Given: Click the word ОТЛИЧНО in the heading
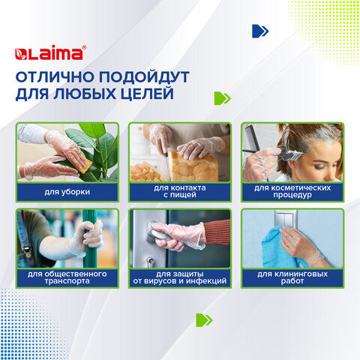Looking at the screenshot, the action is (x=55, y=76).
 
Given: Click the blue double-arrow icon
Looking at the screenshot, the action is (x=260, y=31).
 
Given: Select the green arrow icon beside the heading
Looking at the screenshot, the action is (x=223, y=98).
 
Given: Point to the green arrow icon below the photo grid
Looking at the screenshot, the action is (x=204, y=320).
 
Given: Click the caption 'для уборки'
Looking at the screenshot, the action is (x=67, y=192).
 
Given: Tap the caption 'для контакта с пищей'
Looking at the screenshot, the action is (x=180, y=191).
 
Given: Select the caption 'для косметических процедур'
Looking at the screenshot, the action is (x=292, y=191).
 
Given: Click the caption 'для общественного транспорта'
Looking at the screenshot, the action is (x=67, y=277).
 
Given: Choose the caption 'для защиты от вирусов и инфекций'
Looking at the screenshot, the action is (x=180, y=277).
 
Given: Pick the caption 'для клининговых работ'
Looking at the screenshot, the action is (x=292, y=277).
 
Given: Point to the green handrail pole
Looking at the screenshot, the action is (x=89, y=238).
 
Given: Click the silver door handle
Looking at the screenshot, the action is (x=157, y=234).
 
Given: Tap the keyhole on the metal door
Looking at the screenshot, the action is (x=150, y=260).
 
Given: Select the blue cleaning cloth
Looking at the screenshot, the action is (x=281, y=247).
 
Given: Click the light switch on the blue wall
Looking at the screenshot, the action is (x=286, y=218).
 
